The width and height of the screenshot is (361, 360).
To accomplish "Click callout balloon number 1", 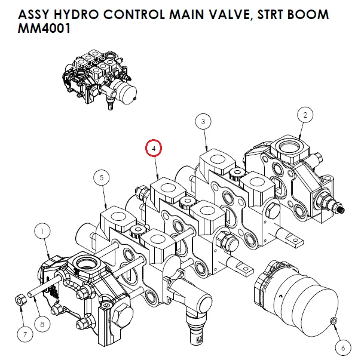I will pyautogui.click(x=43, y=229).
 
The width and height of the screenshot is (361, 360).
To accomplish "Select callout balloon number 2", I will pyautogui.click(x=305, y=114).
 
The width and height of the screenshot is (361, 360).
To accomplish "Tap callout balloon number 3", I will pyautogui.click(x=204, y=122).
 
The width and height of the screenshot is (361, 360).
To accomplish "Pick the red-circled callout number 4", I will pyautogui.click(x=154, y=147).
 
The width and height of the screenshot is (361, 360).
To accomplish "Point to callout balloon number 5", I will pyautogui.click(x=102, y=177).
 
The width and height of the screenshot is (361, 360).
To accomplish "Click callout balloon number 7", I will pyautogui.click(x=25, y=334).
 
